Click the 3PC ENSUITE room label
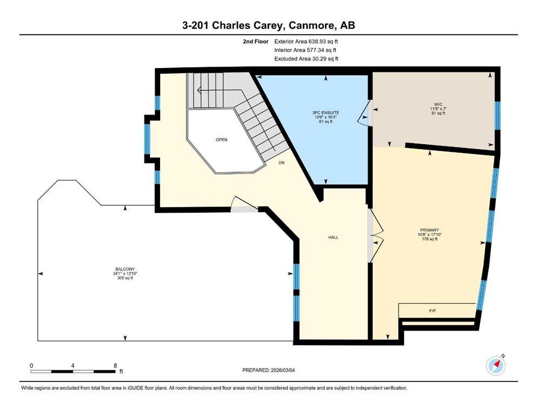click(326, 112)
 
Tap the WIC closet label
click(438, 104)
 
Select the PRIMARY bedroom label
click(429, 230)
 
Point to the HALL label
click(333, 237)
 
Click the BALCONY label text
click(125, 269)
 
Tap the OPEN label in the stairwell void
click(222, 139)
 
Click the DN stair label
click(282, 163)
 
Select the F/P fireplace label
click(432, 311)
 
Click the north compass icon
click(496, 365)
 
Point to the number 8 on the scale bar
click(115, 365)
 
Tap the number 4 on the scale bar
click(72, 365)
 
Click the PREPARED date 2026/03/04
click(282, 370)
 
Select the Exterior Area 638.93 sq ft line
click(306, 42)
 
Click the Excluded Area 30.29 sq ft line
click(306, 58)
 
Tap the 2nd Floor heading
click(255, 42)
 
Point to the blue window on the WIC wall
click(498, 116)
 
